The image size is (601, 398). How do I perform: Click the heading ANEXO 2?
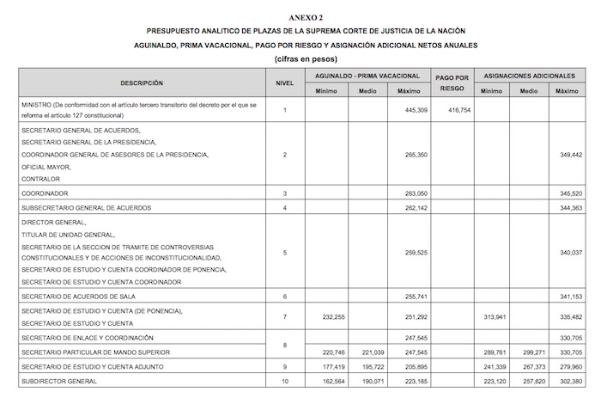(300, 15)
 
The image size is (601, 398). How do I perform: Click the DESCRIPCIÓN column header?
(142, 83)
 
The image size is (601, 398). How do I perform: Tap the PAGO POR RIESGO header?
(451, 83)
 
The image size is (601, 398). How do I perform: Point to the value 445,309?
(410, 110)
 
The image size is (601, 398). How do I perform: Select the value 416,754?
(451, 110)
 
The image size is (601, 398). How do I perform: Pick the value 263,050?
(410, 194)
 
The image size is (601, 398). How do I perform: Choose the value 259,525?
(410, 253)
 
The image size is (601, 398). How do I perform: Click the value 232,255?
(326, 316)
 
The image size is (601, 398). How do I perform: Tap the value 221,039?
(367, 352)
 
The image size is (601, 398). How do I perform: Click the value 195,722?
(367, 366)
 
